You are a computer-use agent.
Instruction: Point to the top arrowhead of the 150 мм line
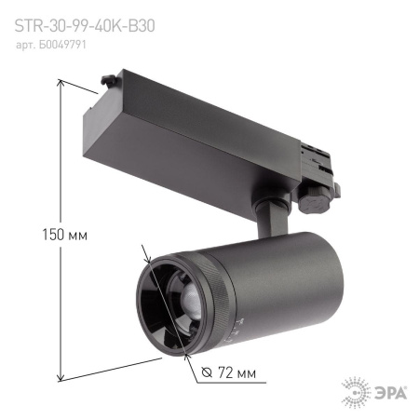pyautogui.click(x=61, y=83)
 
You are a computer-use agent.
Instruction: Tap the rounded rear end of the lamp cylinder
pyautogui.click(x=331, y=279)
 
